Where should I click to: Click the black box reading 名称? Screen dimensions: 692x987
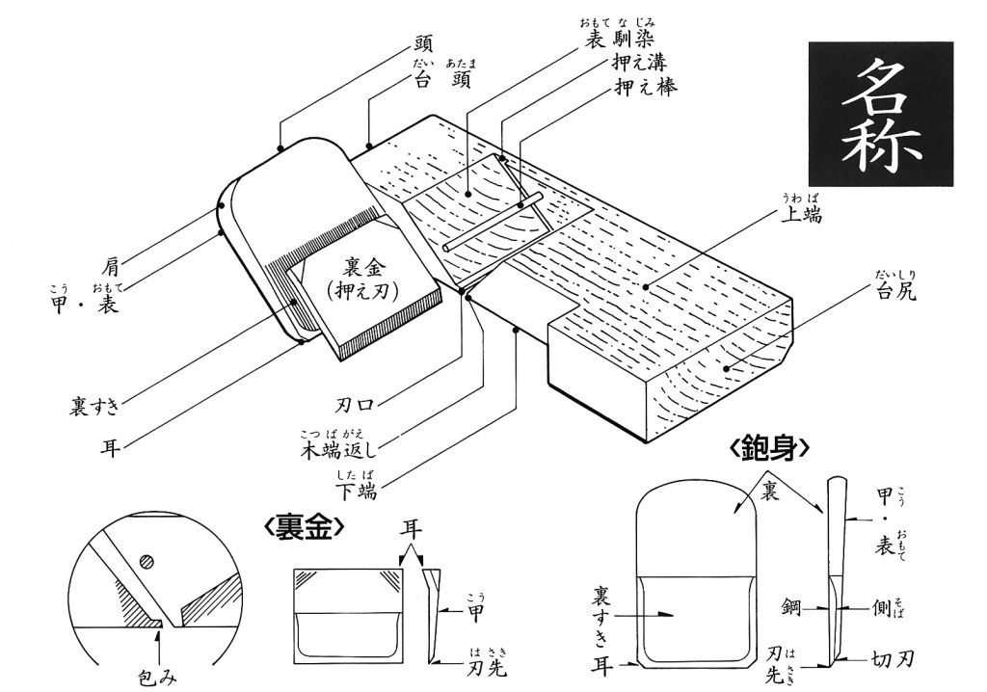click(880, 114)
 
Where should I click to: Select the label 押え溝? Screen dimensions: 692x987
click(646, 64)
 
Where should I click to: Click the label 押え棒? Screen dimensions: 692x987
click(646, 88)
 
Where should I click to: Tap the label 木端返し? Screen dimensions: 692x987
click(342, 450)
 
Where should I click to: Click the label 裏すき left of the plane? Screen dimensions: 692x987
click(94, 405)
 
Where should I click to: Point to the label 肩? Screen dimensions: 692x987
click(112, 262)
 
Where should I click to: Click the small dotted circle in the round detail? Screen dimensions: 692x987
click(145, 560)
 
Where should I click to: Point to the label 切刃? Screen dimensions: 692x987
click(894, 660)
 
